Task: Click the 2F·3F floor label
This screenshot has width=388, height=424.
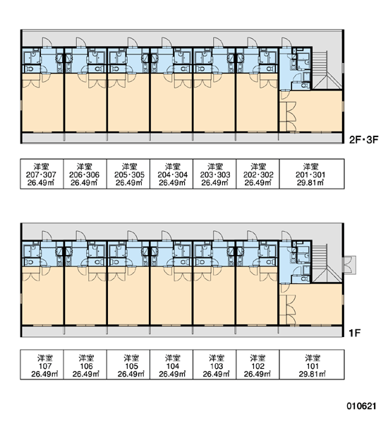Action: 364,139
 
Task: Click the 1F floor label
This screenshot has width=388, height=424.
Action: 355,333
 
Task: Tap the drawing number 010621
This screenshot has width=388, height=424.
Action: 361,406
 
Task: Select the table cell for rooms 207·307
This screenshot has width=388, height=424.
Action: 42,174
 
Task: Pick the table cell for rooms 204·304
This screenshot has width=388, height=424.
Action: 171,174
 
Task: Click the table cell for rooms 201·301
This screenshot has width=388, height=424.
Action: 312,174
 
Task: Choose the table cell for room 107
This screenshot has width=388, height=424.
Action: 42,365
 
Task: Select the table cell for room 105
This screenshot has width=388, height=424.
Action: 128,365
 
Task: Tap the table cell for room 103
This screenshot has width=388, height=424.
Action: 214,365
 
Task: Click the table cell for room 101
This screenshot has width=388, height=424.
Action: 312,365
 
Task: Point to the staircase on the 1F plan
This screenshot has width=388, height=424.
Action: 326,263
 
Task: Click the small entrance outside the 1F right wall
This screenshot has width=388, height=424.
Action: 349,265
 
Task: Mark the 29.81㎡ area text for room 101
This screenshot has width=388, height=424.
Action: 312,374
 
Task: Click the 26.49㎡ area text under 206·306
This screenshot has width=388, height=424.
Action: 84,183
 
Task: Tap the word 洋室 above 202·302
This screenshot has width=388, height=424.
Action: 258,166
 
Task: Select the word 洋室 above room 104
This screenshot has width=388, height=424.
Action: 173,358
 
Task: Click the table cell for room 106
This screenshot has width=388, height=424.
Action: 85,365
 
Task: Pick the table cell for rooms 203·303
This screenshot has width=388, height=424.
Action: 214,174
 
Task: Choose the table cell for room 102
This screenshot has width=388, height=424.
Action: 258,365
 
